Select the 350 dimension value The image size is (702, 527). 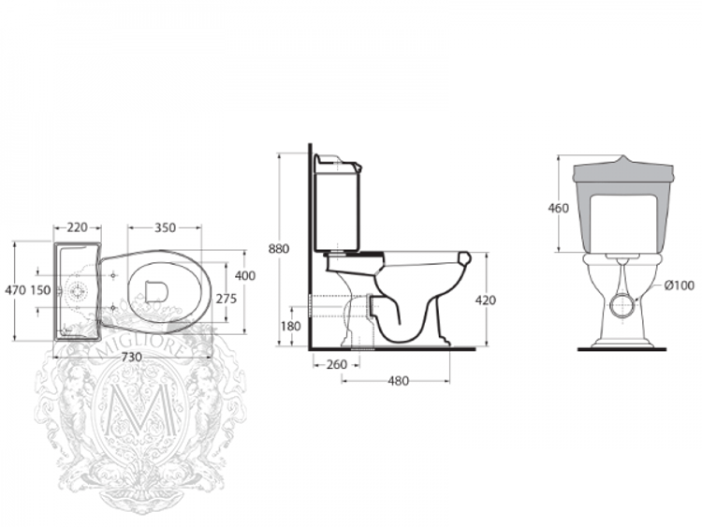[x=165, y=227]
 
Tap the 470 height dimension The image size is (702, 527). [x=15, y=290]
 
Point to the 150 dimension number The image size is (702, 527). [x=40, y=290]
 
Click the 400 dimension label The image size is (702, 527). [x=244, y=276]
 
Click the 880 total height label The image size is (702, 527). [x=278, y=249]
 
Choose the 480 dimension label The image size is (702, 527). [x=399, y=380]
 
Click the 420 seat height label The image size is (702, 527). [x=485, y=300]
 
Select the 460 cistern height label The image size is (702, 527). [x=558, y=208]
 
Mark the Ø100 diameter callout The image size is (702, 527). [x=679, y=285]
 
